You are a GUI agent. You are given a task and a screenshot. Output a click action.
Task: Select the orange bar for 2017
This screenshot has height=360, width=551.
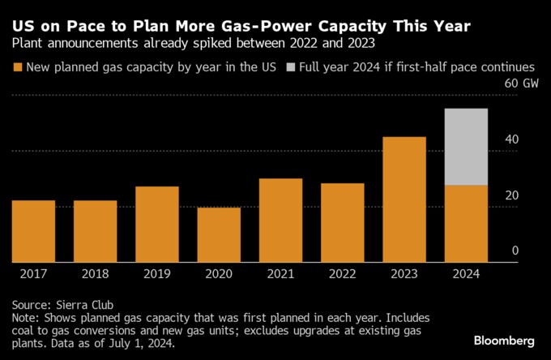pyautogui.click(x=34, y=231)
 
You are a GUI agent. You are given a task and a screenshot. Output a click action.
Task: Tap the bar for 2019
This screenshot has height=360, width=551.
pyautogui.click(x=157, y=225)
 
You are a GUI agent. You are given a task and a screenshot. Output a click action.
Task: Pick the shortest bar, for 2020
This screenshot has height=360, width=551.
pyautogui.click(x=219, y=235)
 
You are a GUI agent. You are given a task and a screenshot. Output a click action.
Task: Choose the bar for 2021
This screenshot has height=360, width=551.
pyautogui.click(x=280, y=221)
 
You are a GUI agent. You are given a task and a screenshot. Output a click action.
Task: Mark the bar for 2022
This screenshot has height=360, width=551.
pyautogui.click(x=342, y=223)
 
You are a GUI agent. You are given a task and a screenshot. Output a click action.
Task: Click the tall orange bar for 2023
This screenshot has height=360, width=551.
pyautogui.click(x=404, y=199)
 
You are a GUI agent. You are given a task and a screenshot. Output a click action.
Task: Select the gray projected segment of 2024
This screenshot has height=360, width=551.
pyautogui.click(x=466, y=147)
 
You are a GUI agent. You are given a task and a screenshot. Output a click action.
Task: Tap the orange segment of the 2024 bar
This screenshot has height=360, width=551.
pyautogui.click(x=466, y=224)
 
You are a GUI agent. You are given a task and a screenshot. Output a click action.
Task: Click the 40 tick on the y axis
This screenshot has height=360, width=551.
pyautogui.click(x=510, y=139)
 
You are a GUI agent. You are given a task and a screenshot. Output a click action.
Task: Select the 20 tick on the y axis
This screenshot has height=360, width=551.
pyautogui.click(x=510, y=195)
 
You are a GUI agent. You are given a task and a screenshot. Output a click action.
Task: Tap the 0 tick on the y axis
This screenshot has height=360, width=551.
pyautogui.click(x=515, y=251)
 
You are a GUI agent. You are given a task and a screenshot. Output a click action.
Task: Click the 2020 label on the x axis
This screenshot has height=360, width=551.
pyautogui.click(x=219, y=274)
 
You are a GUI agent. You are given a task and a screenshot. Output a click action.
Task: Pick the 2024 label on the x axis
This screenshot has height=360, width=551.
pyautogui.click(x=466, y=274)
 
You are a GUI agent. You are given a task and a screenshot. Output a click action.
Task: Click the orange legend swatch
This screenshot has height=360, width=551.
pyautogui.click(x=18, y=66)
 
